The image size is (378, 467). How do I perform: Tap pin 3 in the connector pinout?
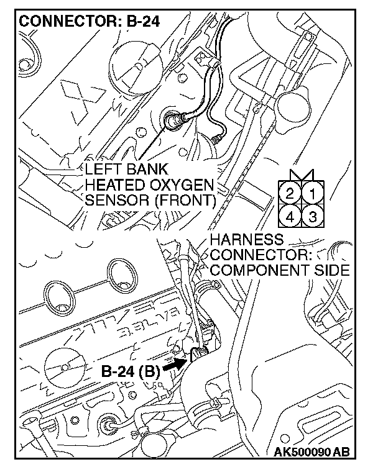(312, 217)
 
